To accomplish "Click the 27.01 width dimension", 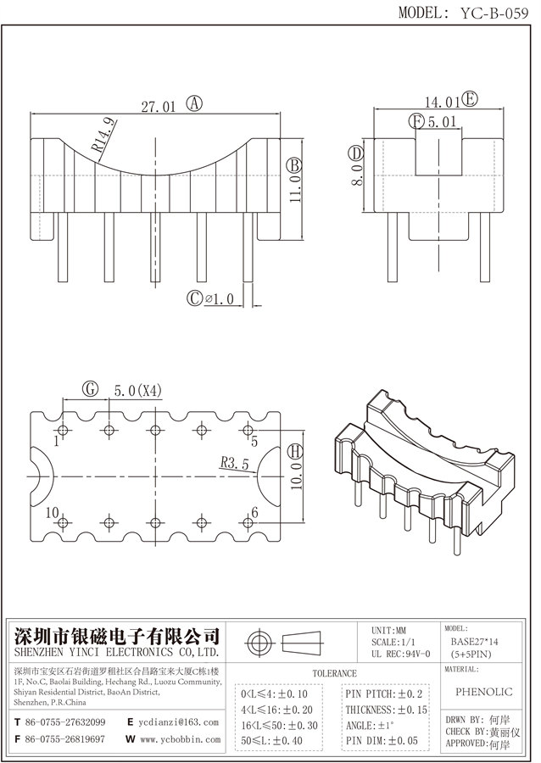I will pyautogui.click(x=158, y=106).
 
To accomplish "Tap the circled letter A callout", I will pyautogui.click(x=194, y=104).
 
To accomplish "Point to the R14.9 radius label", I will pyautogui.click(x=103, y=136).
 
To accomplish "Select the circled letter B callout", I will pyautogui.click(x=293, y=164).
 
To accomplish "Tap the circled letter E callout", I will pyautogui.click(x=468, y=100).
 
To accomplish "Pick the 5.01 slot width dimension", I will pyautogui.click(x=443, y=122).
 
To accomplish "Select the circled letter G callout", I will pyautogui.click(x=90, y=389).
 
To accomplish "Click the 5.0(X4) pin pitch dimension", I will pyautogui.click(x=137, y=390).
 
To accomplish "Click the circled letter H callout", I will pyautogui.click(x=293, y=449).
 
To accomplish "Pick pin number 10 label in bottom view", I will pyautogui.click(x=53, y=513).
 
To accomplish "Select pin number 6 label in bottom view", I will pyautogui.click(x=254, y=513).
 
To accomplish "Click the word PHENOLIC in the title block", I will pyautogui.click(x=489, y=692).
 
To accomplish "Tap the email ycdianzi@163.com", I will pyautogui.click(x=179, y=722).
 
